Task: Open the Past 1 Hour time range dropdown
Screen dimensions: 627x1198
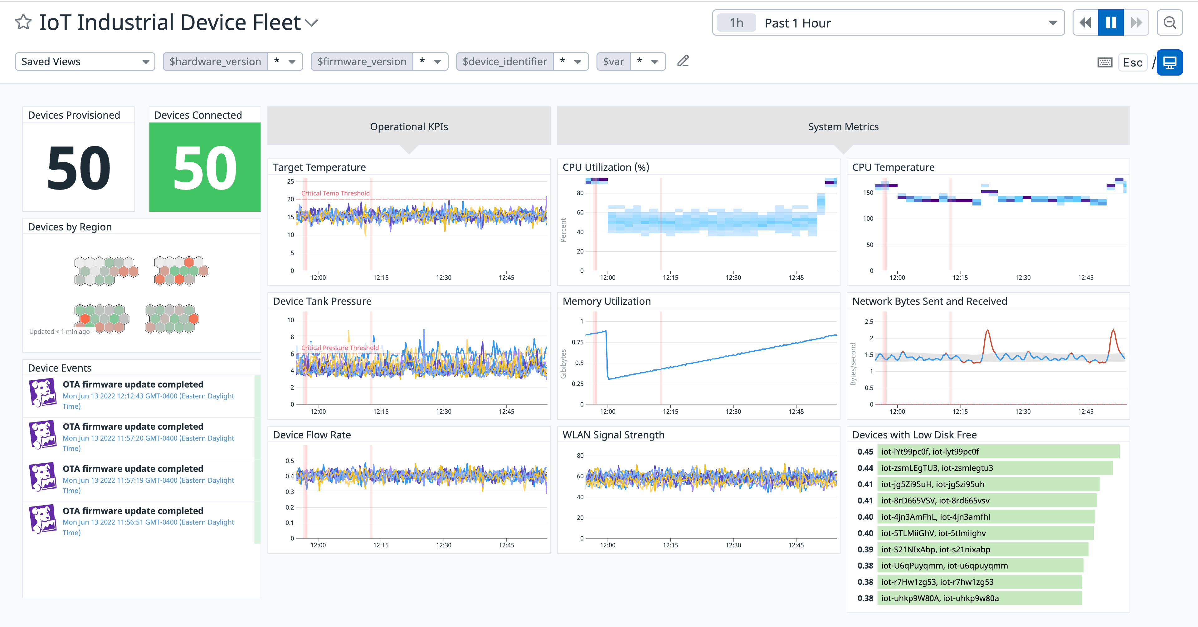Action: pyautogui.click(x=888, y=23)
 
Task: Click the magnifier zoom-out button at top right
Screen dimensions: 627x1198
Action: pyautogui.click(x=1169, y=23)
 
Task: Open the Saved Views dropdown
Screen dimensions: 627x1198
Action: pyautogui.click(x=85, y=62)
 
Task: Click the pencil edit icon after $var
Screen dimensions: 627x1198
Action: pyautogui.click(x=683, y=61)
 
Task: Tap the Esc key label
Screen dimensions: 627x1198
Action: pyautogui.click(x=1132, y=62)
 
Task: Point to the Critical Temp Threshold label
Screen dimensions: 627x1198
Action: pyautogui.click(x=335, y=193)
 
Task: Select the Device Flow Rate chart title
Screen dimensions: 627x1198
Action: pyautogui.click(x=312, y=435)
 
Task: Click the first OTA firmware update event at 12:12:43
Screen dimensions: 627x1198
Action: pyautogui.click(x=133, y=384)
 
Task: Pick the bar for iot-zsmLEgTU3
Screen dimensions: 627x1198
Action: pyautogui.click(x=994, y=468)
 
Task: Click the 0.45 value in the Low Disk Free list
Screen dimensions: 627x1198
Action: pyautogui.click(x=865, y=452)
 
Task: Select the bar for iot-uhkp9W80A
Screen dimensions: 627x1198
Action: pyautogui.click(x=979, y=598)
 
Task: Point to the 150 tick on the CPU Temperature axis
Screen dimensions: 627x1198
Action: pyautogui.click(x=868, y=193)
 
